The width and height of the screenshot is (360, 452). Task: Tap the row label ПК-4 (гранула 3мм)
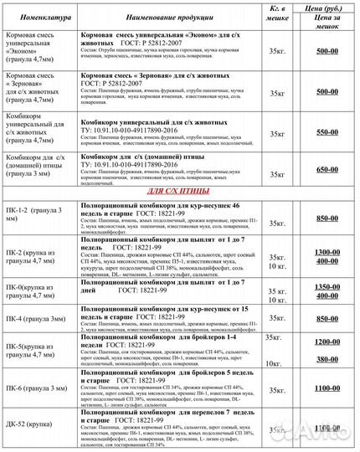tap(38, 319)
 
